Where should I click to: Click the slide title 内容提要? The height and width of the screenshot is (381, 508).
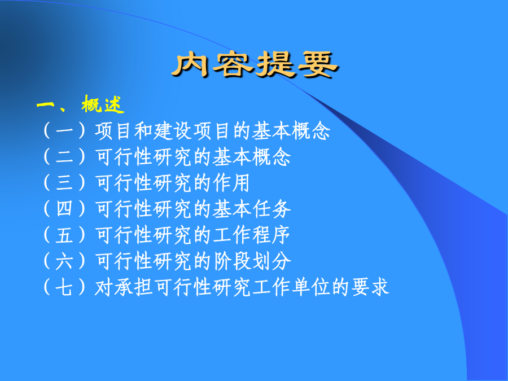click(x=255, y=64)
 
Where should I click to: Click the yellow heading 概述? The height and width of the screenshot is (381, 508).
click(x=103, y=104)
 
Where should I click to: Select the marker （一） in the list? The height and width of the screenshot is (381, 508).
click(x=64, y=130)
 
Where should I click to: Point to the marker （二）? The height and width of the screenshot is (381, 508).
click(x=64, y=156)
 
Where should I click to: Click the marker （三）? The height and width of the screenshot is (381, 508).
click(x=64, y=182)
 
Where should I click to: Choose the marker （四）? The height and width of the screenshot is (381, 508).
click(x=64, y=208)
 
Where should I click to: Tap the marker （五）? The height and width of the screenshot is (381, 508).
click(x=64, y=235)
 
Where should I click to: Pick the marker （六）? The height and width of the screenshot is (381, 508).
click(x=64, y=260)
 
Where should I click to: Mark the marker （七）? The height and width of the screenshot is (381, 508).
click(x=64, y=287)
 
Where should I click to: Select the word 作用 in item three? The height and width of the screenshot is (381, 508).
click(x=231, y=182)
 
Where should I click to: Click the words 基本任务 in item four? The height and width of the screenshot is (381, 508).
click(x=252, y=208)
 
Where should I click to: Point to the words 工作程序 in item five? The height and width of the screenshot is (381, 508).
click(x=252, y=235)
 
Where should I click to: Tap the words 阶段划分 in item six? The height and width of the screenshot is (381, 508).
click(x=252, y=260)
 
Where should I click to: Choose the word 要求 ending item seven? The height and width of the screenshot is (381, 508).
click(x=370, y=287)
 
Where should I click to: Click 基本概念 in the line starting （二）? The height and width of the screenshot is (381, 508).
click(x=252, y=156)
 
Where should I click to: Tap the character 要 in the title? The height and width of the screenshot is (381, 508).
click(x=318, y=64)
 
